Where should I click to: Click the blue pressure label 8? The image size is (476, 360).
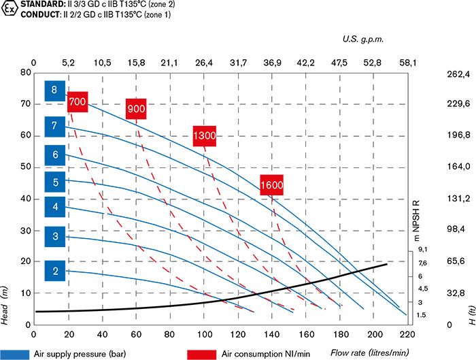point(54,90)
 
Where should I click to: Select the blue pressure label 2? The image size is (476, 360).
point(54,272)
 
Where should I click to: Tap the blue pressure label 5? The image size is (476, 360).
point(54,182)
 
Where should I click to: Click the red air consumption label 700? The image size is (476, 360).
point(78,102)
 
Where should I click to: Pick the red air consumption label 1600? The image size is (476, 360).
point(271,184)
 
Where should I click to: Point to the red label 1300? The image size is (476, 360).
point(204,135)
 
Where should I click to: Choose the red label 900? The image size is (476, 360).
point(137,108)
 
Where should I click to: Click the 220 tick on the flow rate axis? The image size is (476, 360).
point(407,335)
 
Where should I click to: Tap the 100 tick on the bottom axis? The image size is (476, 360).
point(204,335)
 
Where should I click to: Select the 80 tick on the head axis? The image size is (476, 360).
point(25,72)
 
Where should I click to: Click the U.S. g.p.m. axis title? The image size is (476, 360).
point(363,39)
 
